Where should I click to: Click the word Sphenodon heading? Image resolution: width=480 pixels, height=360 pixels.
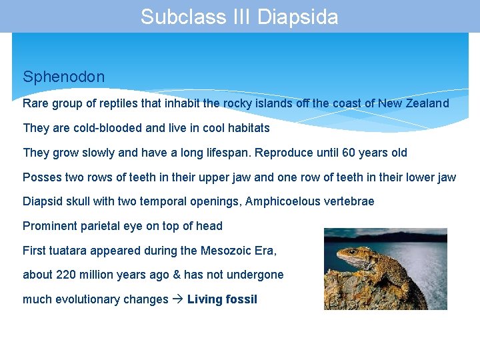[x=63, y=77]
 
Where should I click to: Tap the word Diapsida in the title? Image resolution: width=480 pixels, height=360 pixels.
[x=297, y=17]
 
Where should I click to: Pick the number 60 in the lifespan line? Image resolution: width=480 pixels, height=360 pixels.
[x=349, y=153]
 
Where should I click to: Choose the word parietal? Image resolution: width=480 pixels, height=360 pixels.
[x=98, y=226]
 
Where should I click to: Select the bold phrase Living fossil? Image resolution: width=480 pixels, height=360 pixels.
[x=222, y=299]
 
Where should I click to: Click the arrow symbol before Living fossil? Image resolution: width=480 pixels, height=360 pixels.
[x=177, y=299]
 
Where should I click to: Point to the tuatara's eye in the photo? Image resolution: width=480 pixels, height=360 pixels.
[x=351, y=252]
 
